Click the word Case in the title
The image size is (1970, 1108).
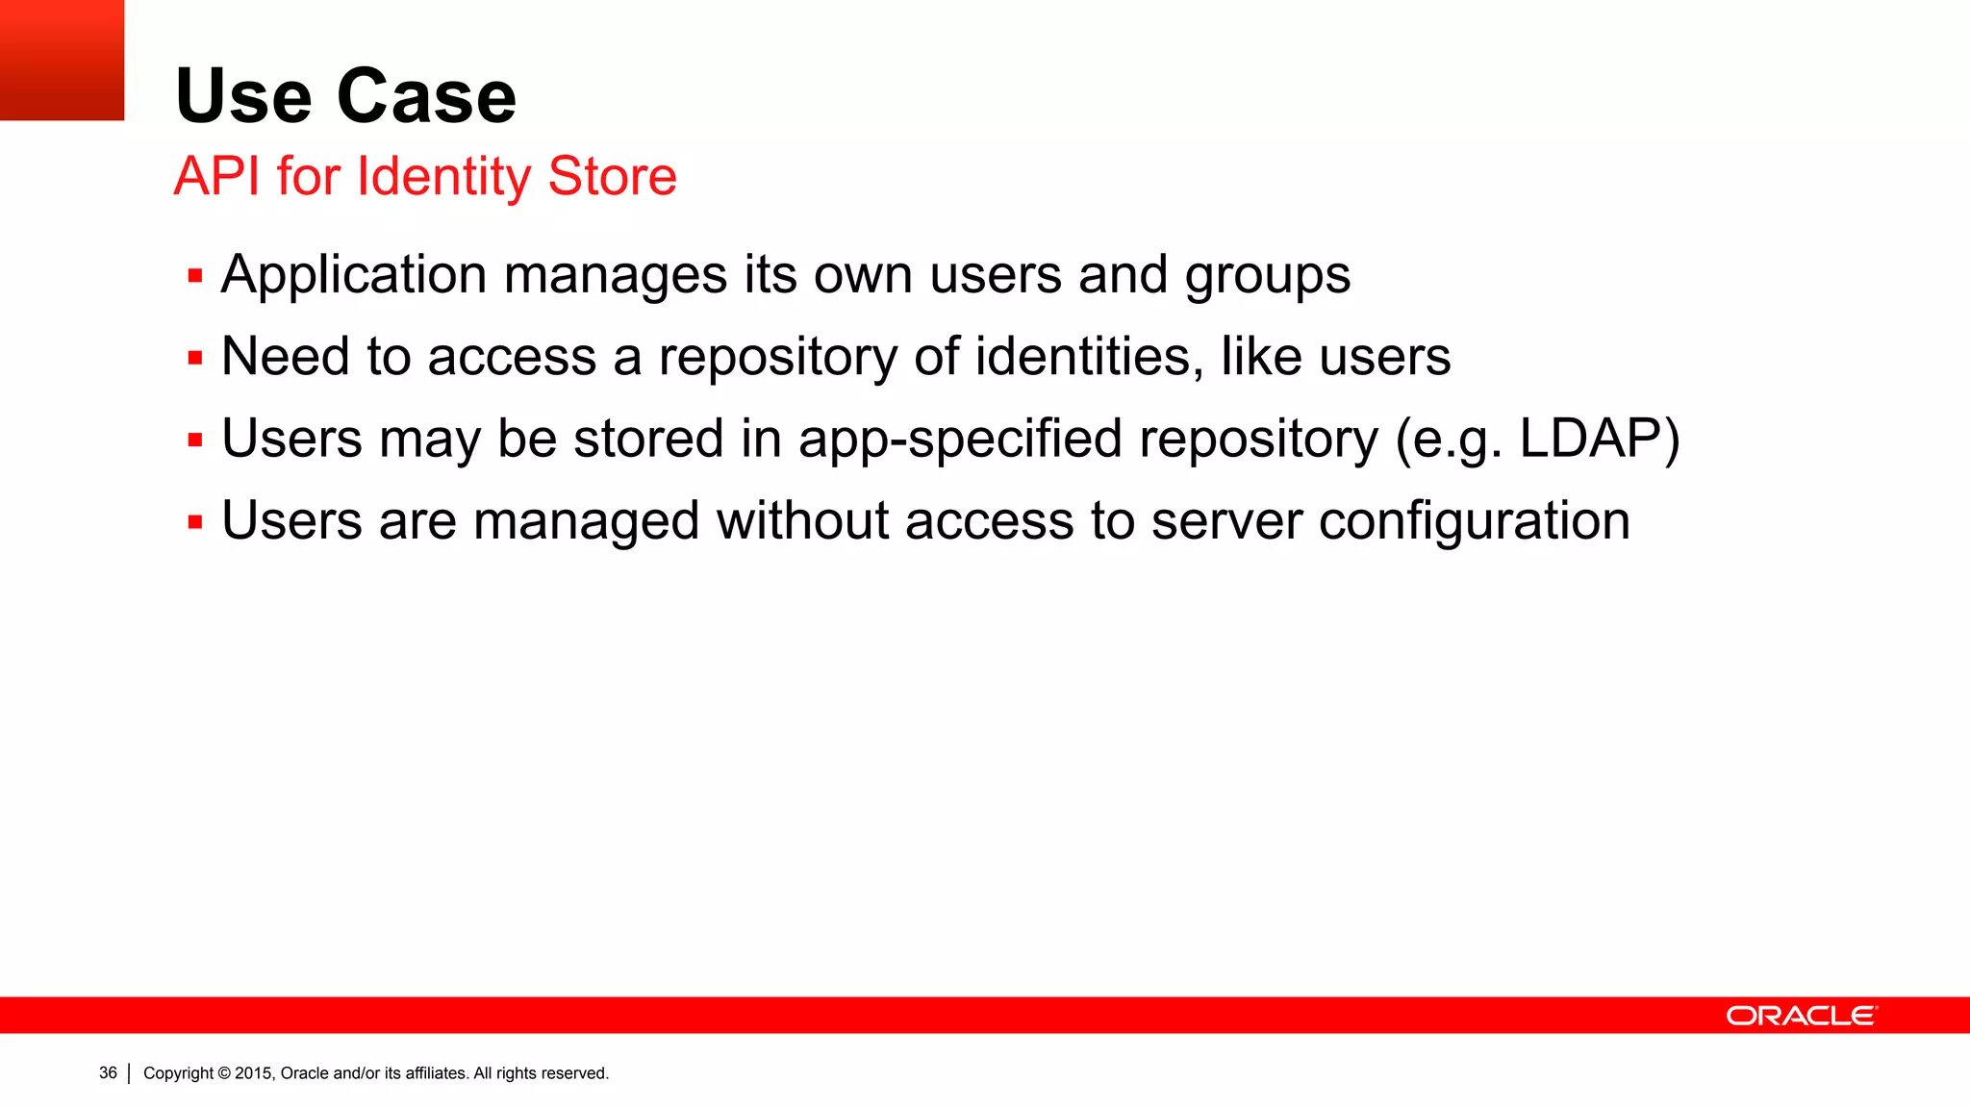[426, 96]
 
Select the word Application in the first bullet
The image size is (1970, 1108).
[353, 275]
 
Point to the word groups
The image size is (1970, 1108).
[1267, 277]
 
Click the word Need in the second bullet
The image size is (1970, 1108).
[285, 357]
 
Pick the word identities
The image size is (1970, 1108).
[1089, 357]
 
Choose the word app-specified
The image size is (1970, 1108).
[960, 441]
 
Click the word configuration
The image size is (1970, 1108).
[1474, 522]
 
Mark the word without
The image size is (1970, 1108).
[802, 521]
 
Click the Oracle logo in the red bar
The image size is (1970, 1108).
[1801, 1016]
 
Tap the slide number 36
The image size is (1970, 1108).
[108, 1072]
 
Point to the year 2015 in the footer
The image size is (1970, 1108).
[254, 1073]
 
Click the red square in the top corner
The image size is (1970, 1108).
[62, 60]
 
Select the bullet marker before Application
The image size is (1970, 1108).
[195, 277]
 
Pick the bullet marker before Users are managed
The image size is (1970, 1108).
[195, 523]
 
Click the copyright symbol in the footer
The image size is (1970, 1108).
[224, 1073]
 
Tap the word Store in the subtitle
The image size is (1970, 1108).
[612, 176]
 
